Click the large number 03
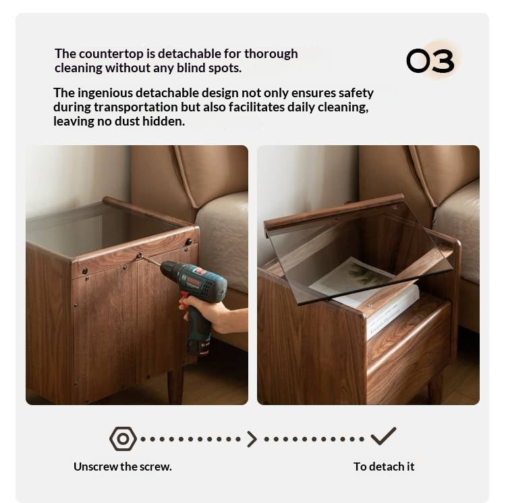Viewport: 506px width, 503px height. point(430,60)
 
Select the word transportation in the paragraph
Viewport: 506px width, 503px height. point(136,107)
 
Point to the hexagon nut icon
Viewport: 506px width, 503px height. point(123,439)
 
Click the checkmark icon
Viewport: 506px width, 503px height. point(383,436)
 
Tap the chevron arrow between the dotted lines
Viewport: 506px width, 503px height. point(252,439)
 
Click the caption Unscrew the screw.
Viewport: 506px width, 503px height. point(123,467)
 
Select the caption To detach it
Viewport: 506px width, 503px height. point(384,467)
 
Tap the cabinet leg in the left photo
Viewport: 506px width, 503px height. point(175,388)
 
